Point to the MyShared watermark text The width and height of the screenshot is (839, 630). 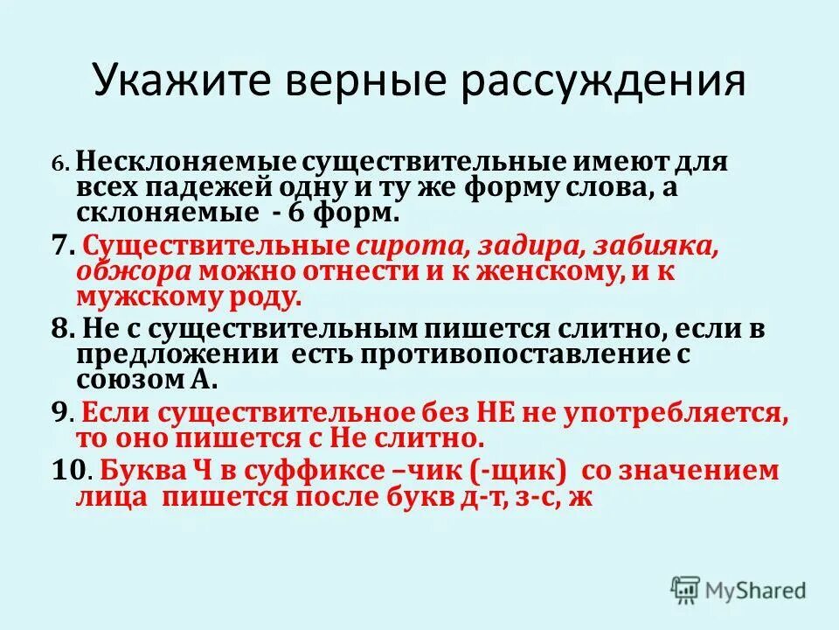[x=755, y=591]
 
